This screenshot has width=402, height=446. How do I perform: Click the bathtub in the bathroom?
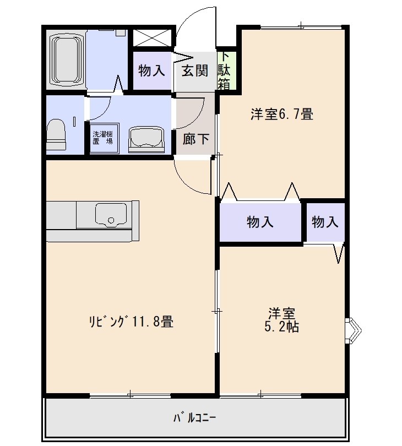click(67, 60)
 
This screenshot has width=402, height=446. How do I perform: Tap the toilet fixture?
click(56, 134)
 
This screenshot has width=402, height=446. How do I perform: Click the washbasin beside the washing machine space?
click(146, 140)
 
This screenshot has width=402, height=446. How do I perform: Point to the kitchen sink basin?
click(111, 215)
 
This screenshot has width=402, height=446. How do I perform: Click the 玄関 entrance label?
click(195, 70)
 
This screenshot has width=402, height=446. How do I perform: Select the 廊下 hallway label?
click(195, 139)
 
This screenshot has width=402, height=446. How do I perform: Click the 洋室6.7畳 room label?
click(281, 114)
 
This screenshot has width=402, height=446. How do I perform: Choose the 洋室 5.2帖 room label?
click(281, 320)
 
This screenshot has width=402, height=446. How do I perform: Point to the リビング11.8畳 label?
click(131, 322)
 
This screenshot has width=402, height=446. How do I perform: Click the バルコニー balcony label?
click(195, 418)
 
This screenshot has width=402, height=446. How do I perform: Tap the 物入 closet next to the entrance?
click(151, 70)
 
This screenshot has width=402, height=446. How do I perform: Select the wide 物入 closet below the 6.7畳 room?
click(260, 222)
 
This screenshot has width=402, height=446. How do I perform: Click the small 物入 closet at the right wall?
click(325, 222)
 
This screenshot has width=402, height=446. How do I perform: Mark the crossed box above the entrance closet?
click(152, 37)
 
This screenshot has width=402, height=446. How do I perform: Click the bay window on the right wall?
click(354, 330)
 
